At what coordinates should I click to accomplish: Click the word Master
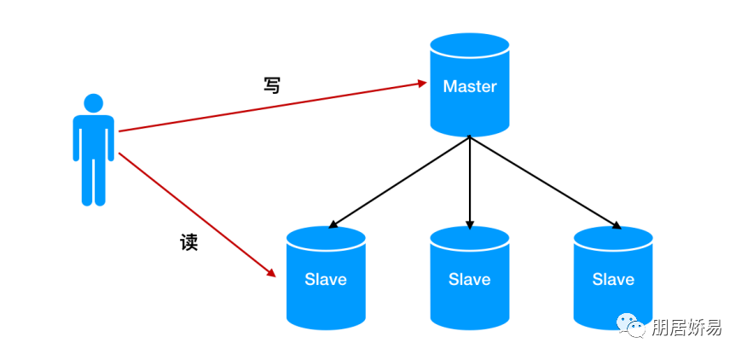[469, 87]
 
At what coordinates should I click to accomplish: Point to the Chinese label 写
[271, 85]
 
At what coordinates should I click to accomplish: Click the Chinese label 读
[188, 242]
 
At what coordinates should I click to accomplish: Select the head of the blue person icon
[93, 103]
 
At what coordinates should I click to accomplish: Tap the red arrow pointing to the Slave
[196, 214]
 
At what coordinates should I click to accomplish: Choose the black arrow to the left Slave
[399, 182]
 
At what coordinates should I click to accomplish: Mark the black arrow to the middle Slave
[470, 183]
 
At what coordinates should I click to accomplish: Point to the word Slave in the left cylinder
[326, 279]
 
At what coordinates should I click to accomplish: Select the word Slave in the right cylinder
[613, 279]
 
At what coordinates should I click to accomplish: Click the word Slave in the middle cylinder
[469, 279]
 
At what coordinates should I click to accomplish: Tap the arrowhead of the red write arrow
[421, 84]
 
